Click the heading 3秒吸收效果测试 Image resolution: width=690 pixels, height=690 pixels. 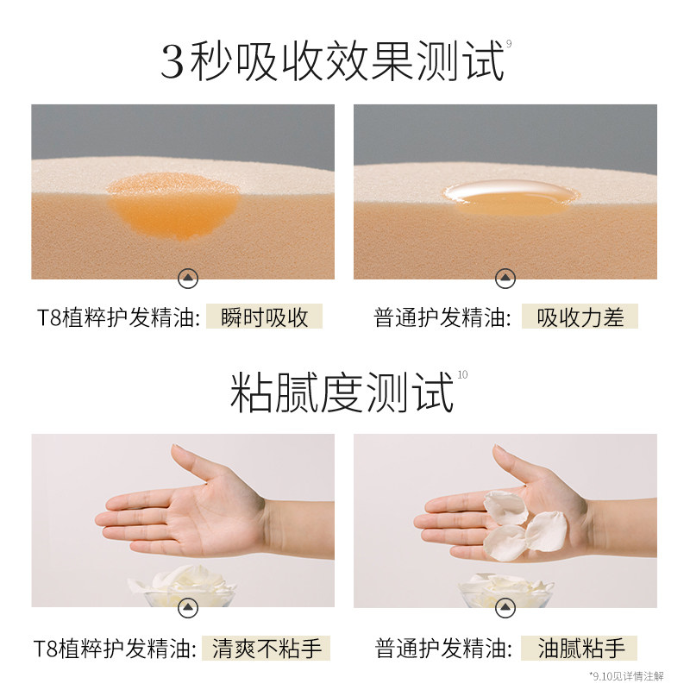[x=332, y=61]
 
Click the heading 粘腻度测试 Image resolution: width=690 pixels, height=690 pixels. [x=342, y=392]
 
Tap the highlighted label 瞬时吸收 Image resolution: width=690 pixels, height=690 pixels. [x=265, y=317]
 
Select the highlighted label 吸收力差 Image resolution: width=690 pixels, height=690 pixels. [x=580, y=317]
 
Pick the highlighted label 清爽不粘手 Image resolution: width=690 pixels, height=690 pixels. [x=267, y=649]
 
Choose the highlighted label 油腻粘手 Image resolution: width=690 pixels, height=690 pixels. [x=579, y=649]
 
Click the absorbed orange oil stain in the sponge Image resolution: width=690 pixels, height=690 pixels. [x=174, y=206]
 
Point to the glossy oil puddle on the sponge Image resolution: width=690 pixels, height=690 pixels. [x=511, y=198]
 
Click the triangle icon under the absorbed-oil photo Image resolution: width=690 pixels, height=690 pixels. [x=188, y=278]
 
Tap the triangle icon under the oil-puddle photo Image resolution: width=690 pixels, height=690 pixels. [x=505, y=278]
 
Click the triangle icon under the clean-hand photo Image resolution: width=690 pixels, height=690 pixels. [x=188, y=608]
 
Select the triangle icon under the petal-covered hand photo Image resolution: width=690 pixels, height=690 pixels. [x=505, y=608]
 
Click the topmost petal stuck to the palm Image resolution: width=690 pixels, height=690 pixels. [x=505, y=507]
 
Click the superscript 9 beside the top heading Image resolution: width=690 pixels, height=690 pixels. [x=509, y=44]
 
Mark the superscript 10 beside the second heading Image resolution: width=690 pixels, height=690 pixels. [x=462, y=375]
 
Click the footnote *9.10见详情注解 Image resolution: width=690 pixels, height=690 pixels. [x=626, y=676]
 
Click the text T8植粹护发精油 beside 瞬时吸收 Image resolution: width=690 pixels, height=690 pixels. [x=118, y=317]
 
